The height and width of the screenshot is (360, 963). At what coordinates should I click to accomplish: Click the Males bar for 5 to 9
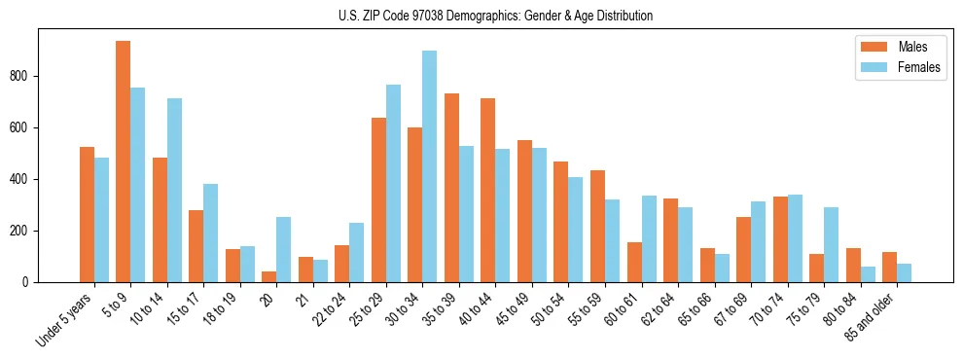[124, 162]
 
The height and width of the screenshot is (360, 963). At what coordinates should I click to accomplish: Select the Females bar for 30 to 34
[430, 166]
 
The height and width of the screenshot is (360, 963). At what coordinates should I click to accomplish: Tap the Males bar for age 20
[269, 276]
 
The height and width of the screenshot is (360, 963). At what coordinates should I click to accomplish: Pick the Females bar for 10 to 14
[174, 191]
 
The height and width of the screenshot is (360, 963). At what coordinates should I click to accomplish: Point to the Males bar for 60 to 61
[634, 263]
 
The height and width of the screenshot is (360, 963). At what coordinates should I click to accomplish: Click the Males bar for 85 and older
[889, 268]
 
